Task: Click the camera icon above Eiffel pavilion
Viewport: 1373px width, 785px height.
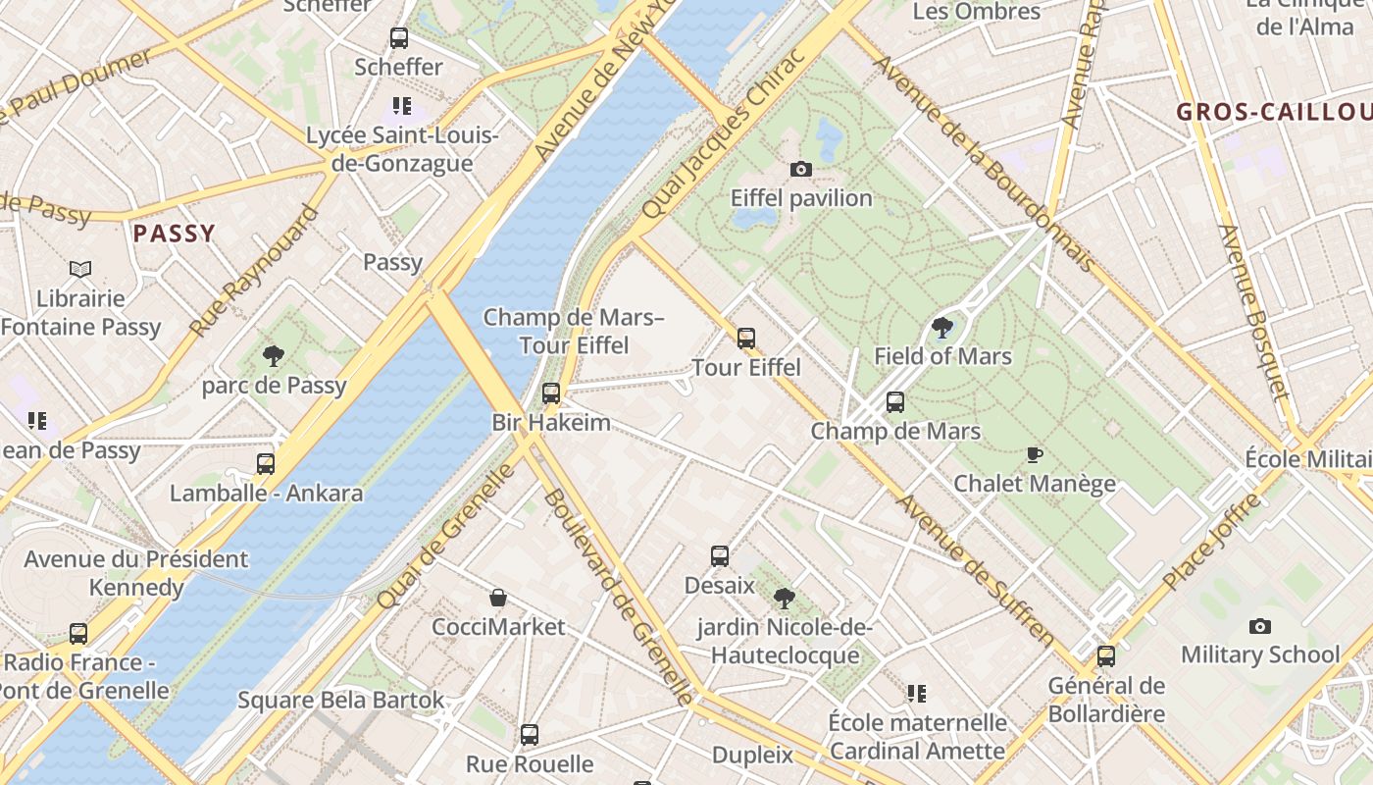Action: tap(801, 169)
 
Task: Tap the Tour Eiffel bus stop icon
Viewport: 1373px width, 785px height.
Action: tap(746, 339)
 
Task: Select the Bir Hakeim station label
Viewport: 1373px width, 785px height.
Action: tap(551, 423)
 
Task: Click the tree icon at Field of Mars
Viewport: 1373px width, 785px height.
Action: tap(942, 327)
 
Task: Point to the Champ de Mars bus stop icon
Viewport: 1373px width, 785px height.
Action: tap(895, 401)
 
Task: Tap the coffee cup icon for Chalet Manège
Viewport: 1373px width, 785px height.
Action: tap(1034, 454)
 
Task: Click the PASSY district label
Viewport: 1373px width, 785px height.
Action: tap(174, 234)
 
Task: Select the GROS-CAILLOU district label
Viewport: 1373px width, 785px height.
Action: tap(1273, 112)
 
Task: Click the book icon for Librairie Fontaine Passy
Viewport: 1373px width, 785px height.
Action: tap(80, 269)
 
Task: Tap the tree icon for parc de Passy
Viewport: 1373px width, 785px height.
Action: tap(274, 356)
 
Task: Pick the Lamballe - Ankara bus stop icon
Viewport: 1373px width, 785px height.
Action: tap(266, 464)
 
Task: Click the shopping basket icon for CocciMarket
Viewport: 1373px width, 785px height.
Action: tap(498, 598)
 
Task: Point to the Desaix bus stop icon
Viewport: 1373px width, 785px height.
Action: tap(720, 556)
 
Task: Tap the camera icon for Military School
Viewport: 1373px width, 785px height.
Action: tap(1260, 626)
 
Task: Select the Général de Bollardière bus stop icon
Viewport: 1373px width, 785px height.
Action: tap(1106, 656)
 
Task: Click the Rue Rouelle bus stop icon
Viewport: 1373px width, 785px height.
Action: tap(530, 735)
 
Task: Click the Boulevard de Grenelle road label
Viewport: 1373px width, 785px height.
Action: tap(618, 597)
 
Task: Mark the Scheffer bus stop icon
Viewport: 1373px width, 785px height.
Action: tap(399, 38)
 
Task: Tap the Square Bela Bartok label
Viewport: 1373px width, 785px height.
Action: tap(341, 701)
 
